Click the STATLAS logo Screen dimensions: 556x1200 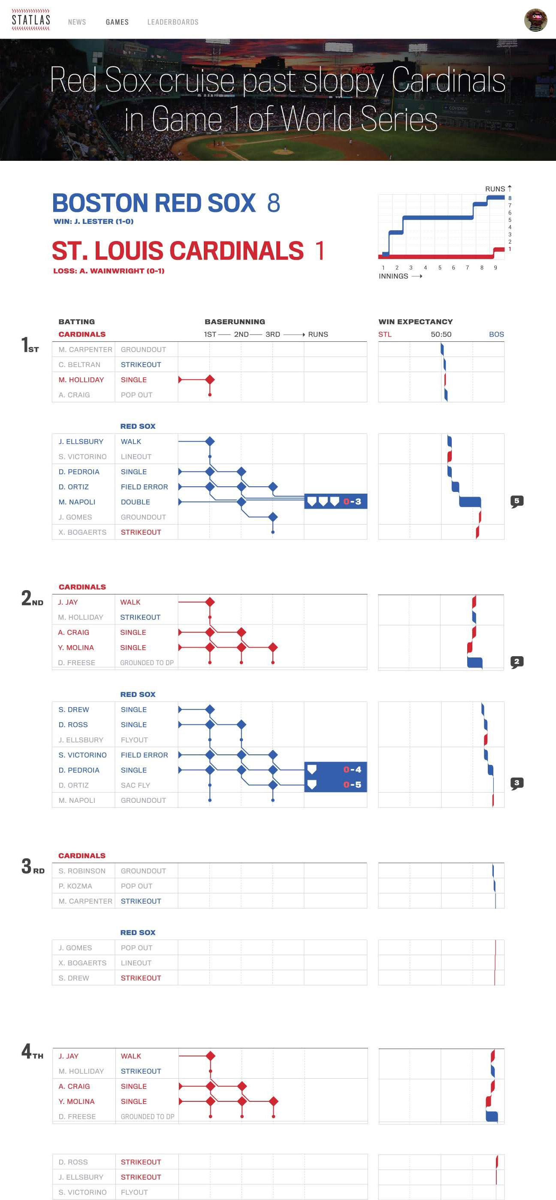pyautogui.click(x=31, y=20)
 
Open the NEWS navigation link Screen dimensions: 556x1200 pyautogui.click(x=77, y=22)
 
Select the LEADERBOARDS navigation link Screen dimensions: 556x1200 pyautogui.click(x=173, y=22)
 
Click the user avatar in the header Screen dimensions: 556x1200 pyautogui.click(x=535, y=20)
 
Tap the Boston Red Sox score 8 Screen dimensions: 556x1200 pyautogui.click(x=274, y=203)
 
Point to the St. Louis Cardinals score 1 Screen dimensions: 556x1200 pyautogui.click(x=320, y=250)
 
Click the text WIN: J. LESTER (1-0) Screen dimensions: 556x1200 pyautogui.click(x=94, y=221)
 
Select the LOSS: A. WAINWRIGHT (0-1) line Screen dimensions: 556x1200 pyautogui.click(x=109, y=271)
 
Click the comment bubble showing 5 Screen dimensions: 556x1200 pyautogui.click(x=517, y=501)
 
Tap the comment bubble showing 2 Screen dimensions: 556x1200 pyautogui.click(x=517, y=662)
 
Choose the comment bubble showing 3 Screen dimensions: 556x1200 pyautogui.click(x=517, y=783)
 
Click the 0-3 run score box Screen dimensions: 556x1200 pyautogui.click(x=335, y=501)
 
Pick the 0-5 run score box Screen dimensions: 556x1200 pyautogui.click(x=335, y=785)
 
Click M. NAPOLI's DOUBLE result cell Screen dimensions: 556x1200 pyautogui.click(x=136, y=502)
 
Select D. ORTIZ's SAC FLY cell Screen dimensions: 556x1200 pyautogui.click(x=136, y=785)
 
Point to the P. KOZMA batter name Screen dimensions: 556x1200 pyautogui.click(x=76, y=886)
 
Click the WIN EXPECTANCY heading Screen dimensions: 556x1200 pyautogui.click(x=416, y=321)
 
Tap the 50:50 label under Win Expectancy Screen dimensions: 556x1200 pyautogui.click(x=441, y=334)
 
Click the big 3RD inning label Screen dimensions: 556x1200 pyautogui.click(x=33, y=867)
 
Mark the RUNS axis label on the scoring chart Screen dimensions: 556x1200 pyautogui.click(x=495, y=189)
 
